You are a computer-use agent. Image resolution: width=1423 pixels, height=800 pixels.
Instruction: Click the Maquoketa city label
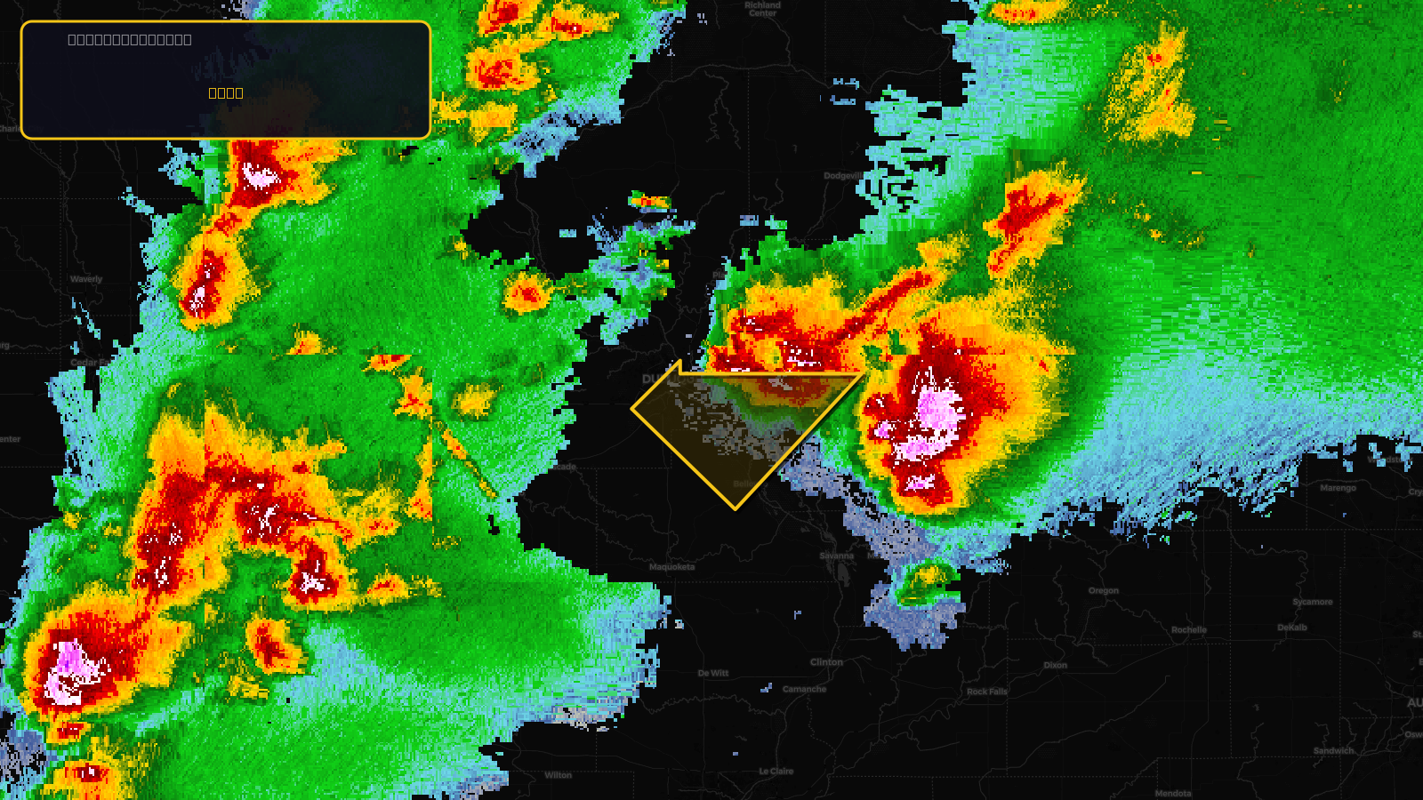[x=671, y=567]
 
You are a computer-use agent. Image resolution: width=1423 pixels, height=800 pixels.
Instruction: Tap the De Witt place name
[x=713, y=674]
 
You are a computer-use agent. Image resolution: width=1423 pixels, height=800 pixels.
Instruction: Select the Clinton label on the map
[x=826, y=662]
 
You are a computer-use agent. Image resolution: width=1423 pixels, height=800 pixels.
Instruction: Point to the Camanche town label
[x=804, y=689]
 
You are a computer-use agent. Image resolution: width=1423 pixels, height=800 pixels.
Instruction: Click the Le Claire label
[x=776, y=772]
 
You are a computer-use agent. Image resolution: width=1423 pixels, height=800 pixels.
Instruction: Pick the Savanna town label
[x=836, y=556]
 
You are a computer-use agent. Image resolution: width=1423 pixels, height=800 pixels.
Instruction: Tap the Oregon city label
[x=1103, y=591]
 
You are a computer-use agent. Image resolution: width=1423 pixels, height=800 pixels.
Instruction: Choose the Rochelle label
[x=1188, y=630]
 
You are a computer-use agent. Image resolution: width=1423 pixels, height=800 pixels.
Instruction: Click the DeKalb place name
[x=1291, y=628]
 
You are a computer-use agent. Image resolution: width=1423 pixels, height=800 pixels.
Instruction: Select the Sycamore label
[x=1312, y=603]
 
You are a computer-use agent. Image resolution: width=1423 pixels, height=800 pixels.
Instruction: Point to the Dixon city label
[x=1055, y=665]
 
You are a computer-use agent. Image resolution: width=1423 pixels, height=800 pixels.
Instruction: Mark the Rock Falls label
[x=986, y=692]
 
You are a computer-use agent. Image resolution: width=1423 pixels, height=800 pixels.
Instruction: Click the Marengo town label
[x=1338, y=488]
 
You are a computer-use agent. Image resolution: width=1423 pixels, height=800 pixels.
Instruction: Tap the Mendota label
[x=1172, y=794]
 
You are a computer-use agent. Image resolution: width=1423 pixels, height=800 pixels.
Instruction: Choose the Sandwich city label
[x=1333, y=751]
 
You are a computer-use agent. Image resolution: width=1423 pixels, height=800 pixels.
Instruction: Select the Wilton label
[x=558, y=775]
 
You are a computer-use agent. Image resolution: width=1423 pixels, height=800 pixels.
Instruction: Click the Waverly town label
[x=86, y=279]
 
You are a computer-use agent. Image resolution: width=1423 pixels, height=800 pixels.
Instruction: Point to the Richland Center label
[x=762, y=9]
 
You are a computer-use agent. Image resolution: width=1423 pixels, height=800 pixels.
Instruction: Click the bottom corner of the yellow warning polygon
[x=736, y=509]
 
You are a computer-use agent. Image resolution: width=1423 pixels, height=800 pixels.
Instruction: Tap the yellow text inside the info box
[x=226, y=92]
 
